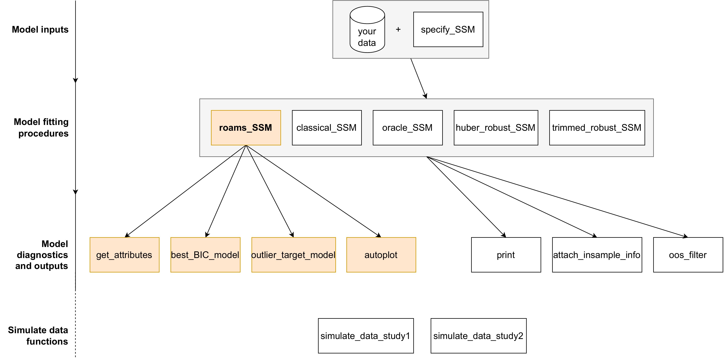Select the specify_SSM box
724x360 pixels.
point(448,30)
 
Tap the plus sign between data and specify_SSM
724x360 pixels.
point(398,29)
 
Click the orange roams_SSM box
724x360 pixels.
point(246,128)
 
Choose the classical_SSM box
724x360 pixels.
point(327,128)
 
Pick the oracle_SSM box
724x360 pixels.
point(408,128)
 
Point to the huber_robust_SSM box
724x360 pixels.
point(496,128)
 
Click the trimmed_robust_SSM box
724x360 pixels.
point(597,128)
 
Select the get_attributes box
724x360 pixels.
point(124,255)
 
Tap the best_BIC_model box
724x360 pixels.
point(205,255)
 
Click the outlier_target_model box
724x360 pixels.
point(293,255)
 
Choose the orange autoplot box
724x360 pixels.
point(381,255)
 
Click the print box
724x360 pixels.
point(506,255)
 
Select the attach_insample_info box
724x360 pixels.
point(597,255)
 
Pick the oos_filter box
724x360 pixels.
point(688,255)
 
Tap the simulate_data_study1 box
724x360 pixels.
point(366,336)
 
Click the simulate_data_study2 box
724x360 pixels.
point(478,336)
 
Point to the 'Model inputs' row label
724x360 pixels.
point(40,30)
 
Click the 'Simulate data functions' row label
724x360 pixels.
point(38,336)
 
